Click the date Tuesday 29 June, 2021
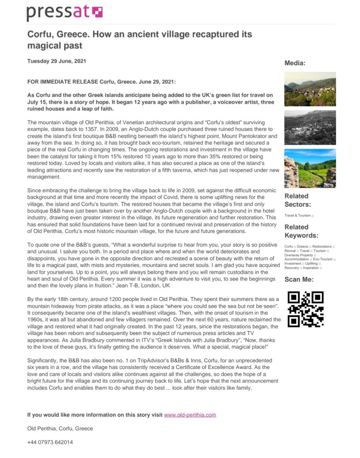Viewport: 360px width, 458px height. point(57,61)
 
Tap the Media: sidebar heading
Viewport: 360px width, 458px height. point(295,63)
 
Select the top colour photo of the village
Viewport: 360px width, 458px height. point(310,89)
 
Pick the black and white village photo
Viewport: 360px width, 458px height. point(310,127)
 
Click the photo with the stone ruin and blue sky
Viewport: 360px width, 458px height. point(310,169)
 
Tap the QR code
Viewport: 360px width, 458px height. point(305,309)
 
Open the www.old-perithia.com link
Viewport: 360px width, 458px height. point(190,415)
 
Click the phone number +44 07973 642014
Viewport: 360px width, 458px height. point(50,442)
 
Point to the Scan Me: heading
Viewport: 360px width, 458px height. point(299,280)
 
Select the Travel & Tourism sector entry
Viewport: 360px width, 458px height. point(298,216)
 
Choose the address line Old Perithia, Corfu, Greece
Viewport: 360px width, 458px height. point(60,428)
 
